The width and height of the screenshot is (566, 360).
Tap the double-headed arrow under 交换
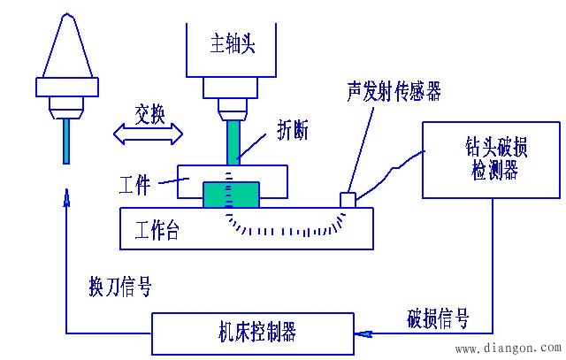point(149,134)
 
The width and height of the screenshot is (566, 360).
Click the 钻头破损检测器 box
point(492,160)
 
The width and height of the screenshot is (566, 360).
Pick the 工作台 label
point(157,231)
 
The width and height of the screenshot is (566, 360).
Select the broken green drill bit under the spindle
point(233,142)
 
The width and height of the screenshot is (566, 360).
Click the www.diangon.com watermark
point(504,348)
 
